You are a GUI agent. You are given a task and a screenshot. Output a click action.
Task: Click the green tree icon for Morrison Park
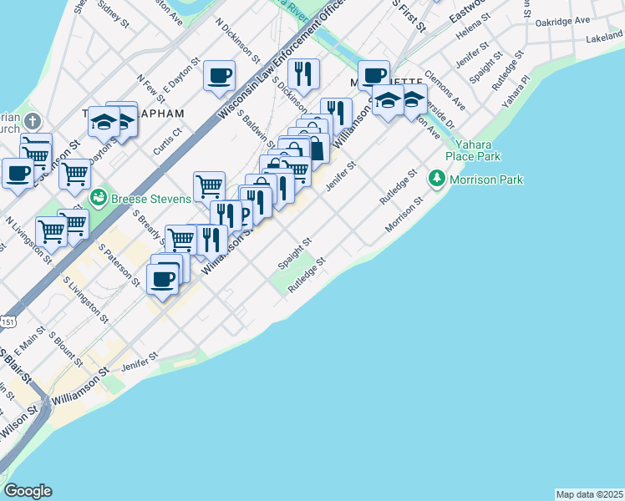pos(436,180)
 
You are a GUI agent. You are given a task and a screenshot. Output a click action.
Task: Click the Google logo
pos(28,491)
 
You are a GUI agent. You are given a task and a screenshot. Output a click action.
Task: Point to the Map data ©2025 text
pos(589,494)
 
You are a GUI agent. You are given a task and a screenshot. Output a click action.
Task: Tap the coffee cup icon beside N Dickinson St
pos(220,76)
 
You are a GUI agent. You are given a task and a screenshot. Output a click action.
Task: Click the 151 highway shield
pos(7,321)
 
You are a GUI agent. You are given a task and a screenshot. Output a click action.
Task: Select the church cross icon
pos(33,121)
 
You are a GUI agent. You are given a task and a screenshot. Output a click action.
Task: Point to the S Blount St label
pos(66,350)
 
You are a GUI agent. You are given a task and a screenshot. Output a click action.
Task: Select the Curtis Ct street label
pos(168,141)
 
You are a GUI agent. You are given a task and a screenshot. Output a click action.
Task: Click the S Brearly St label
pos(148,226)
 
